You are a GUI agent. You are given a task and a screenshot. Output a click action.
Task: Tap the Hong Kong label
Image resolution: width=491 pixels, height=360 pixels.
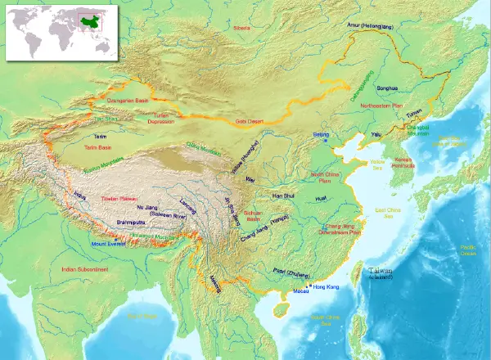[x=325, y=286]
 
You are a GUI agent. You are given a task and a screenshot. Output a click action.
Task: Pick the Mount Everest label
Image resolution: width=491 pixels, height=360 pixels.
[x=109, y=243]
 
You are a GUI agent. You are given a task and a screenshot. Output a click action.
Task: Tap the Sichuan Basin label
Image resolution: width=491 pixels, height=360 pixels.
[x=254, y=216]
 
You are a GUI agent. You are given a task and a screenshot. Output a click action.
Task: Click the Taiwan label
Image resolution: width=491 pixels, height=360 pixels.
[x=380, y=272]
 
